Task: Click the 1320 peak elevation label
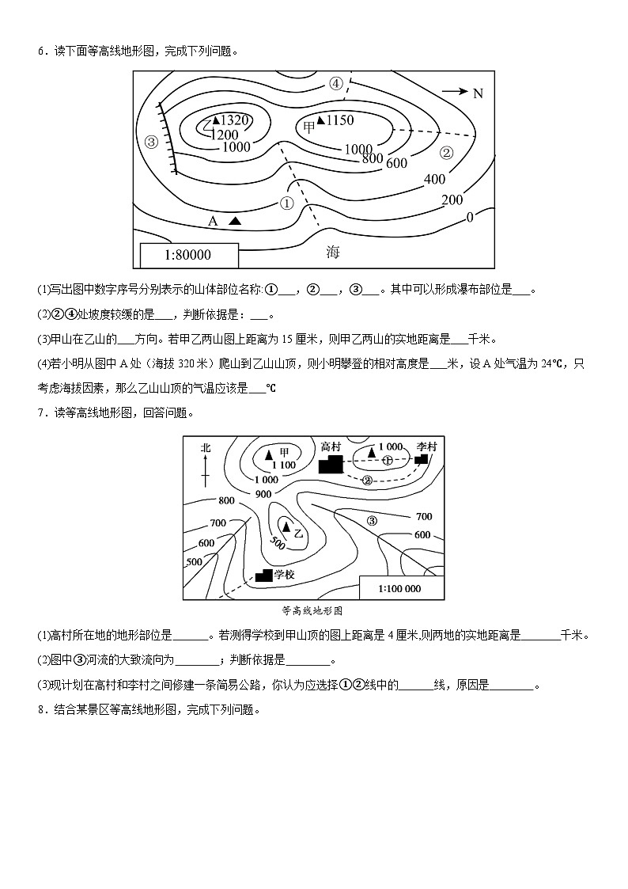(234, 120)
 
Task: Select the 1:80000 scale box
(188, 255)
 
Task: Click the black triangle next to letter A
(235, 221)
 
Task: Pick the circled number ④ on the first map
(335, 83)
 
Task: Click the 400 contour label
(434, 180)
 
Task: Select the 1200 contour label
(225, 135)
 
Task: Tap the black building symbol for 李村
(422, 458)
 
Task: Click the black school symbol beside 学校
(264, 575)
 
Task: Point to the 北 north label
(206, 448)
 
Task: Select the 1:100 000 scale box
(399, 588)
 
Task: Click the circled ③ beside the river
(373, 520)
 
